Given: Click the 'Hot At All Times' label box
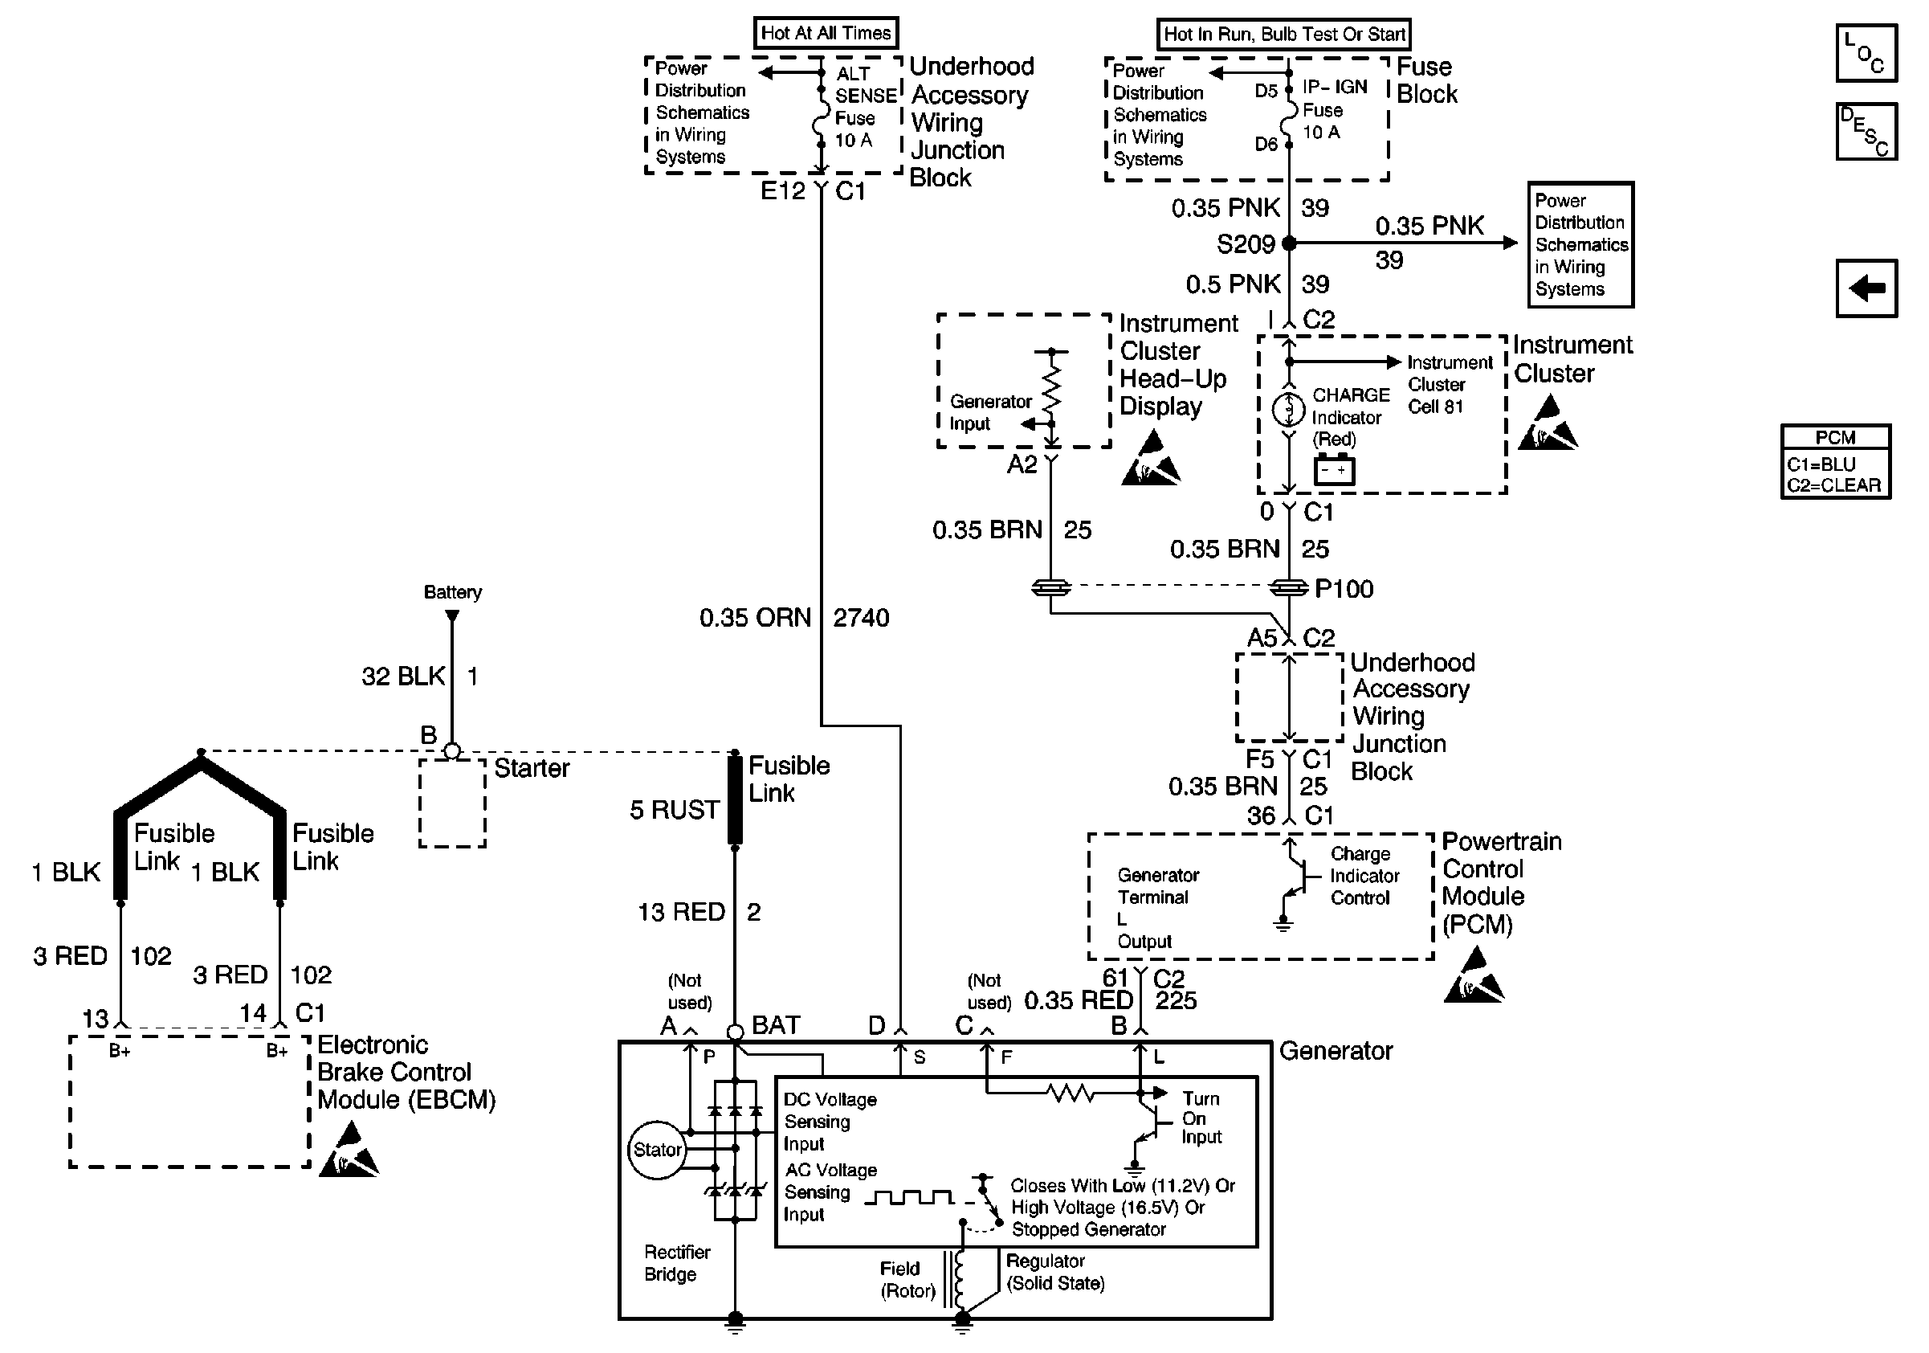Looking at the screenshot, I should (826, 33).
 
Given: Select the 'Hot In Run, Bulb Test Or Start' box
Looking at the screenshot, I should (1283, 35).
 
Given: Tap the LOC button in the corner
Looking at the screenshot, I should (1866, 53).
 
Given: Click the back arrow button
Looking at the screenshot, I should (1866, 288).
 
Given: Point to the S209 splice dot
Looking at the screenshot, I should (1289, 243).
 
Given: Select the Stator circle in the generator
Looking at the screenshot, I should (657, 1150).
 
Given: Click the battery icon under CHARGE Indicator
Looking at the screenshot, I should (1334, 470).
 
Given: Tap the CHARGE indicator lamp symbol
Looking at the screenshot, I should (1289, 410).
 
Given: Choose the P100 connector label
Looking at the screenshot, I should (1344, 589).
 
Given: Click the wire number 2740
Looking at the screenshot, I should (861, 619).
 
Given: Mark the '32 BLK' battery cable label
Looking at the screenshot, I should (403, 676).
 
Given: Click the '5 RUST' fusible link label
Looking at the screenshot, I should (675, 810).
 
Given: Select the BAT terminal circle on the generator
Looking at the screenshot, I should (735, 1032).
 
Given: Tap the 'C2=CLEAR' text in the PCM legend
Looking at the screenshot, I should (1834, 486).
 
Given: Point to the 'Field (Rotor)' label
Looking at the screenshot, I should (907, 1279).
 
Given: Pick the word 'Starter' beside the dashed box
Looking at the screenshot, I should (532, 768).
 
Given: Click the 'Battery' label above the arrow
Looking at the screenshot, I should (452, 592).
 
